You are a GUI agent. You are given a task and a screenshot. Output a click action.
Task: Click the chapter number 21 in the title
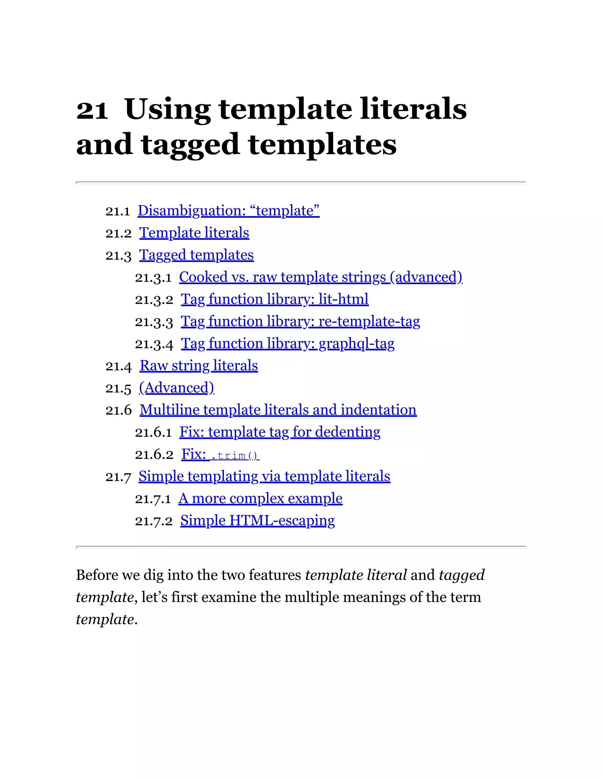point(92,110)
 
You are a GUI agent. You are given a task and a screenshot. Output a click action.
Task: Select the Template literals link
point(194,233)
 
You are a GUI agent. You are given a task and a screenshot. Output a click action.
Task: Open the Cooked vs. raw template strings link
point(320,277)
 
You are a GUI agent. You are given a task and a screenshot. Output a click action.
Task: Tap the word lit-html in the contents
point(343,299)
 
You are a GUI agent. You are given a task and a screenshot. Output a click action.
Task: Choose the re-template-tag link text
point(369,321)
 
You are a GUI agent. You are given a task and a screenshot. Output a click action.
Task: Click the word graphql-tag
point(356,343)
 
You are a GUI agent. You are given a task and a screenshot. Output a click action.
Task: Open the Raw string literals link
point(199,366)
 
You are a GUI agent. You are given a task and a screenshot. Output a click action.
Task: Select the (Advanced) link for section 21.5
point(177,388)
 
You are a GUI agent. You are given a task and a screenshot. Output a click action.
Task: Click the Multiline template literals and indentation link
point(278,410)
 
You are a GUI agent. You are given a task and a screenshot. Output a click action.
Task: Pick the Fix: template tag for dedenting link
point(280,432)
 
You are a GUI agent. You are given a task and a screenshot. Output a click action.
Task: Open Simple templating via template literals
point(264,476)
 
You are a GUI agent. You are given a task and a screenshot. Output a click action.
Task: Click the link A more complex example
point(260,498)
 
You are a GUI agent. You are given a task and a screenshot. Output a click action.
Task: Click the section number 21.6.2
point(154,455)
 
